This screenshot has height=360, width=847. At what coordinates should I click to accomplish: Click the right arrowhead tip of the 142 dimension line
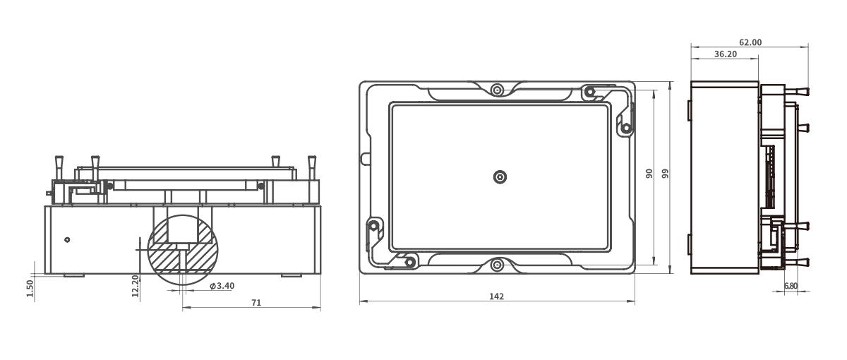(635, 301)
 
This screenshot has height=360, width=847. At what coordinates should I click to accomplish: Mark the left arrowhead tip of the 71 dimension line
(183, 308)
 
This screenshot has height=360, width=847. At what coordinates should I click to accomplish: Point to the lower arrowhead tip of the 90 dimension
(654, 265)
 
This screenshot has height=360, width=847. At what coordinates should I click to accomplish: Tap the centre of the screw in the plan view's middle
(500, 176)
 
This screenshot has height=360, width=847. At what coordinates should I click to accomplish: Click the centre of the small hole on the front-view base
(67, 240)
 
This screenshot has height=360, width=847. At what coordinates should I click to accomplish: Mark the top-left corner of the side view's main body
(691, 81)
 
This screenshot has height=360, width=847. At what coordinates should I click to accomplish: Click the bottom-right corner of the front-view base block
(320, 273)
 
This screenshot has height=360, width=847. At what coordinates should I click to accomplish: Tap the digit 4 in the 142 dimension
(496, 296)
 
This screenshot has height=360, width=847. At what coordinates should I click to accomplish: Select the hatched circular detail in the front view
(183, 251)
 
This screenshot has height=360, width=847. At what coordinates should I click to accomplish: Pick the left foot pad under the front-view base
(74, 275)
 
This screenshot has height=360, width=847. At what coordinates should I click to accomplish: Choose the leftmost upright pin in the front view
(59, 168)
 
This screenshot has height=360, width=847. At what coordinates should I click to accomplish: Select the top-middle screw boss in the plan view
(497, 90)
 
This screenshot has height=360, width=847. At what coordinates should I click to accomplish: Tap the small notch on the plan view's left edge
(366, 158)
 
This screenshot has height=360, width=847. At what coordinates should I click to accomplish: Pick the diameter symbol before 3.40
(213, 287)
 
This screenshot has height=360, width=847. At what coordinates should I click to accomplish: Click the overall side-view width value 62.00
(750, 42)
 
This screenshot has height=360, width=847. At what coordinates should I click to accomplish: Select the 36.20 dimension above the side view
(726, 54)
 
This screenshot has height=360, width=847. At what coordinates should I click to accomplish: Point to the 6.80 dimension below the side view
(791, 286)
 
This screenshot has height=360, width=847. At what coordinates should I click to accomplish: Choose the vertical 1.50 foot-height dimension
(30, 288)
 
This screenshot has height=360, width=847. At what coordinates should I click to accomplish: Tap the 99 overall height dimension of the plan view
(666, 174)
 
